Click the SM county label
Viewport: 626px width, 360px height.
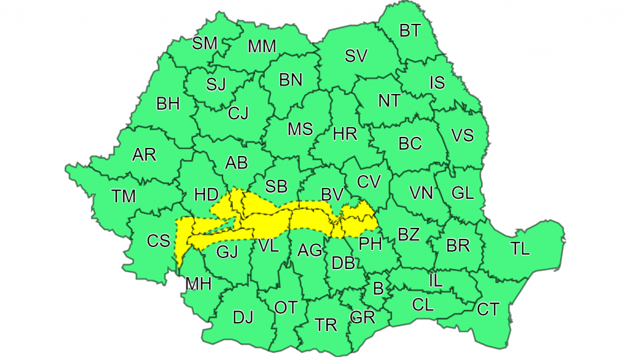pyautogui.click(x=205, y=43)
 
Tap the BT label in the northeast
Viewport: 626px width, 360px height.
pyautogui.click(x=410, y=31)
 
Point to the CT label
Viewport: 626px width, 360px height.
pyautogui.click(x=487, y=309)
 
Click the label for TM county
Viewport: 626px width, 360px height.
pyautogui.click(x=123, y=196)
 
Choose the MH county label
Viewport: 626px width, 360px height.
pyautogui.click(x=198, y=284)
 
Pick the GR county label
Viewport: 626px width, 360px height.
pyautogui.click(x=363, y=317)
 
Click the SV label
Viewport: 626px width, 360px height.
pyautogui.click(x=356, y=56)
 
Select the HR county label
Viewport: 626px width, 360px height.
pyautogui.click(x=345, y=134)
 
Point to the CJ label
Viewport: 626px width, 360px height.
pyautogui.click(x=238, y=113)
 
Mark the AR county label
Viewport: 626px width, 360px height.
pyautogui.click(x=144, y=155)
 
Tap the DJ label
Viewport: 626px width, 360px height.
pyautogui.click(x=243, y=317)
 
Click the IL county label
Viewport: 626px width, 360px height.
pyautogui.click(x=435, y=281)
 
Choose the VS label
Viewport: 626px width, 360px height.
pyautogui.click(x=462, y=135)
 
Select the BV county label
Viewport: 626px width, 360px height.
pyautogui.click(x=332, y=195)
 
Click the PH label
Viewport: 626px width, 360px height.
pyautogui.click(x=370, y=244)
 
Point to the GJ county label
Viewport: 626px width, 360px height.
pyautogui.click(x=227, y=251)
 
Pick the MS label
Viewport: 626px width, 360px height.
pyautogui.click(x=300, y=129)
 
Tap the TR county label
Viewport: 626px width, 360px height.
pyautogui.click(x=326, y=325)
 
